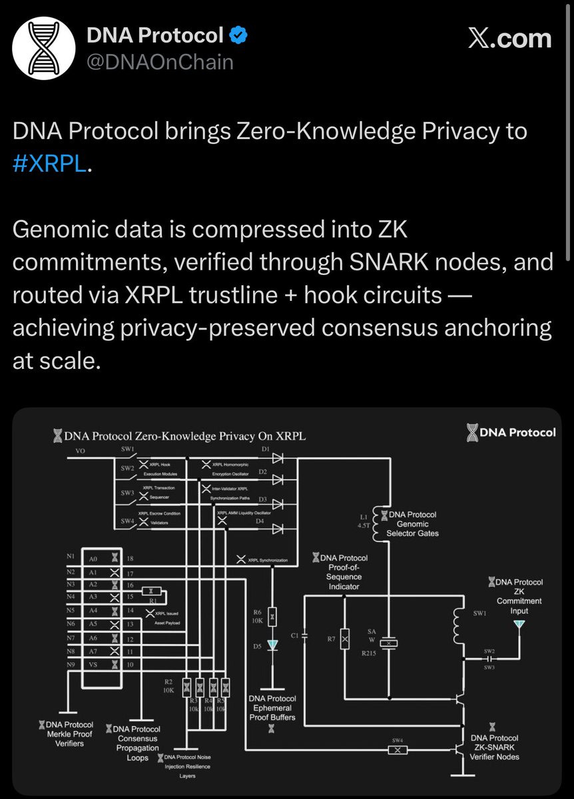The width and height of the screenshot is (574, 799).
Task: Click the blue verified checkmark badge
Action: pyautogui.click(x=237, y=35)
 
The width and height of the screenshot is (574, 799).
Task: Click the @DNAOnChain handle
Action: pyautogui.click(x=160, y=62)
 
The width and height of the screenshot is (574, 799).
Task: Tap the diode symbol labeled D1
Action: pyautogui.click(x=278, y=459)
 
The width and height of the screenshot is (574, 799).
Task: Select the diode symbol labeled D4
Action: pyautogui.click(x=278, y=529)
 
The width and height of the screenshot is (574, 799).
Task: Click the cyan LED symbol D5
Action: pyautogui.click(x=272, y=646)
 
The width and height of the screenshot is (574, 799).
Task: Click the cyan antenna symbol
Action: pyautogui.click(x=519, y=625)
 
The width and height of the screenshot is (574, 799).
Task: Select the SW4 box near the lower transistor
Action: pyautogui.click(x=398, y=750)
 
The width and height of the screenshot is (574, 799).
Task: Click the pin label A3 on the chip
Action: pyautogui.click(x=93, y=597)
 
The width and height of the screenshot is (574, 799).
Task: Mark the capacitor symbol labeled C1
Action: pyautogui.click(x=304, y=635)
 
